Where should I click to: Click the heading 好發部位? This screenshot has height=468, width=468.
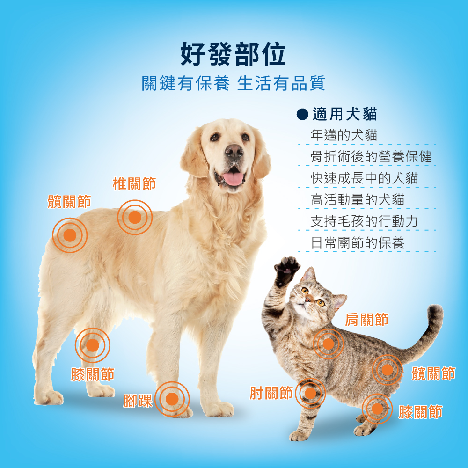click(233, 54)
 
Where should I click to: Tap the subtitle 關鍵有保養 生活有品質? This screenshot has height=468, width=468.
click(234, 83)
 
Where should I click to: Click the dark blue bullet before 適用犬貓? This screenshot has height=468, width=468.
click(302, 114)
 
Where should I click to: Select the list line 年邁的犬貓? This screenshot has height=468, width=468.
click(344, 135)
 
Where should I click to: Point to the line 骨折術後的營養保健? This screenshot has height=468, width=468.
click(371, 156)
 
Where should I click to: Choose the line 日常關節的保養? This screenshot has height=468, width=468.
click(358, 242)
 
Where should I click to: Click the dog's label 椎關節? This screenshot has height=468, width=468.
click(134, 183)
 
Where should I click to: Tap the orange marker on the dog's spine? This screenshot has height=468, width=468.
click(135, 217)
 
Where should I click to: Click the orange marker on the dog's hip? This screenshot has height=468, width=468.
click(70, 235)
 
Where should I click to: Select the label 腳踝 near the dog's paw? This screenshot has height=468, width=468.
click(138, 401)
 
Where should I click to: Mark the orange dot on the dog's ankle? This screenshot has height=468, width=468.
click(172, 399)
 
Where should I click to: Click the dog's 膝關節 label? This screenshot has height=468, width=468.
click(93, 374)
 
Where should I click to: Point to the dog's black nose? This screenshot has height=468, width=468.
click(234, 151)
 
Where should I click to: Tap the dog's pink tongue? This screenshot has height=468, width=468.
click(233, 179)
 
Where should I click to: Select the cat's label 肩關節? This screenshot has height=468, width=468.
click(366, 320)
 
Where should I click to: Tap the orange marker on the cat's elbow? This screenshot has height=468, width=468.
click(310, 394)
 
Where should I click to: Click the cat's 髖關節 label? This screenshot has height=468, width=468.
click(433, 373)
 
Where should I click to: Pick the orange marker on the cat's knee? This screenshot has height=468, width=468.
click(377, 409)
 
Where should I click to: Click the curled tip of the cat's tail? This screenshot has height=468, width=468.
click(435, 311)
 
